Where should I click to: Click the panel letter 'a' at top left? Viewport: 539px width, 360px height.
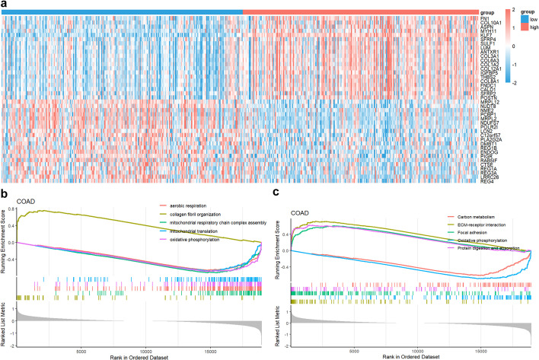coord(5,5)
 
